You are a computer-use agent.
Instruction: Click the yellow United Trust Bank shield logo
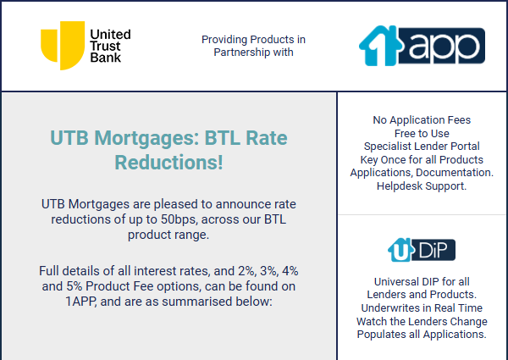(63, 46)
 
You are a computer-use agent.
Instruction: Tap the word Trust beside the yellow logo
(105, 46)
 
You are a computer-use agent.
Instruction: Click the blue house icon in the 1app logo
(380, 46)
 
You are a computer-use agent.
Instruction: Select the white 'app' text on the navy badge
(444, 47)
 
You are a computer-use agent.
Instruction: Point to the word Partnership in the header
(242, 53)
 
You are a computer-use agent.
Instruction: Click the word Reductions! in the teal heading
(168, 162)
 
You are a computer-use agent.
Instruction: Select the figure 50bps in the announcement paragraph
(179, 219)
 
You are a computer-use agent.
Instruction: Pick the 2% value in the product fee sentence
(247, 271)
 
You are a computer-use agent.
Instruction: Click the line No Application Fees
(422, 120)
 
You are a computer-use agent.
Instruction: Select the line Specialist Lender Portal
(422, 147)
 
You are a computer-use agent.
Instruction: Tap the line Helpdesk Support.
(422, 186)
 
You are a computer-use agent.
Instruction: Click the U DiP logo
(422, 250)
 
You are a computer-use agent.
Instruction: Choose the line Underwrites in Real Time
(422, 307)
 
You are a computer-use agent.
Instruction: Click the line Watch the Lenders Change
(422, 321)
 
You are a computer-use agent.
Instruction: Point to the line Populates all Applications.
(422, 335)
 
